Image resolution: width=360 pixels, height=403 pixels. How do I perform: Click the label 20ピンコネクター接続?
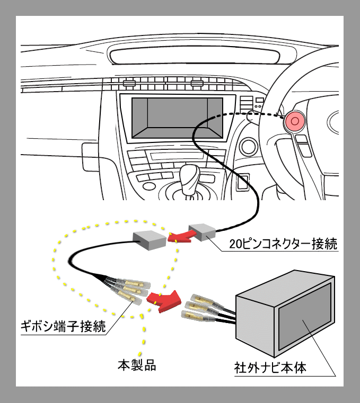[283, 245]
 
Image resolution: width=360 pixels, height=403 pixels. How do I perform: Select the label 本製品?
[137, 365]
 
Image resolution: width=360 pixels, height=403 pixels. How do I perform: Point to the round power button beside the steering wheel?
[248, 146]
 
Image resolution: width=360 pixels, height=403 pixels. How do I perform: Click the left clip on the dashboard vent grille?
[128, 83]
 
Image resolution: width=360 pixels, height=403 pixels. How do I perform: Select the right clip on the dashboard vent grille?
[197, 83]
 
